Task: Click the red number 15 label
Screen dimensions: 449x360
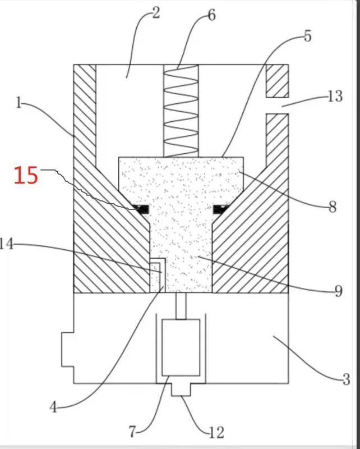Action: tap(26, 176)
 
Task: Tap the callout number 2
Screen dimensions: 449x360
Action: tap(155, 13)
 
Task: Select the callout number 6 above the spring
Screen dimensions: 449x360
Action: tap(211, 15)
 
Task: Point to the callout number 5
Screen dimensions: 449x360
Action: tap(307, 37)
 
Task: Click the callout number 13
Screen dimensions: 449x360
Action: tap(335, 97)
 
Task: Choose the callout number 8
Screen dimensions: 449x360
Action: tap(332, 207)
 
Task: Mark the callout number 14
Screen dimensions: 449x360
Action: tap(7, 244)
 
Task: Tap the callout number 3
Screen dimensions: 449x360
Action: tap(346, 379)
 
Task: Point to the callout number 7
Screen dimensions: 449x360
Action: tap(132, 432)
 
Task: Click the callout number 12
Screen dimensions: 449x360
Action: tap(216, 432)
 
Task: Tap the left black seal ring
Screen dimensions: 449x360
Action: tap(142, 209)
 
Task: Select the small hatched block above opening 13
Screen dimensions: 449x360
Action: tap(277, 80)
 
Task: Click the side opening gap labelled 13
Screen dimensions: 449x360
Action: tap(277, 105)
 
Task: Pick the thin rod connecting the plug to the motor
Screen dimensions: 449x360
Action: tap(181, 306)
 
